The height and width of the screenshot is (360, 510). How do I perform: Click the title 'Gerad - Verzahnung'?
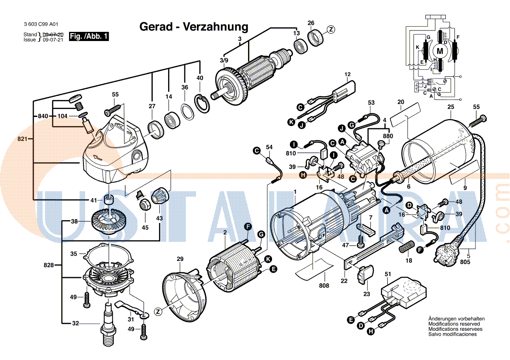coord(193,27)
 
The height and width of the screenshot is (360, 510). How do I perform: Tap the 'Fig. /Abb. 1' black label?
coord(89,37)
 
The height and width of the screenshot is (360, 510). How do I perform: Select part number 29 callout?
coord(180,259)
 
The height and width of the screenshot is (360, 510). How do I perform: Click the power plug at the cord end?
coord(445,252)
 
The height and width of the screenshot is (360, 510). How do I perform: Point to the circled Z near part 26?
coord(331,30)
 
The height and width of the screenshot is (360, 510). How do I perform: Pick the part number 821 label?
coord(22,139)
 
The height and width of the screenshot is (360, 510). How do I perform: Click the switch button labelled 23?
coord(365,275)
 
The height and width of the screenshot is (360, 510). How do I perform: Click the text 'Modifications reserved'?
coord(454,324)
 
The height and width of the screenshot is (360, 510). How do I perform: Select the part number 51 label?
coord(387,274)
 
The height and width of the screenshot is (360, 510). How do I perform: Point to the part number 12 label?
coord(348,75)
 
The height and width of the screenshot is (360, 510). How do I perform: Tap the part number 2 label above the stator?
coord(225,233)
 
